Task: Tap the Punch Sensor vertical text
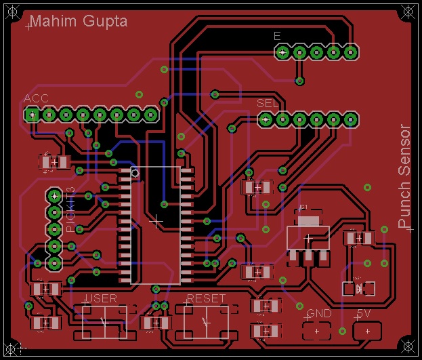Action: [x=404, y=176]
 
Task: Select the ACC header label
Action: [x=36, y=99]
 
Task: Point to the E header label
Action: [x=277, y=36]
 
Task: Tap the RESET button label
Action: [x=205, y=298]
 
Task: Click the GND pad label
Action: [x=318, y=314]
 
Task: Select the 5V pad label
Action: [x=363, y=314]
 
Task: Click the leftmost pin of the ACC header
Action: [x=31, y=115]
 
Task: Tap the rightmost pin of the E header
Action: [x=350, y=52]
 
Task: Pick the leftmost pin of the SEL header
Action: [x=266, y=119]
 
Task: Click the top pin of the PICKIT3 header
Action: [x=54, y=196]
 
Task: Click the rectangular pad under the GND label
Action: [x=316, y=331]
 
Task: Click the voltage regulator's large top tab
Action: [x=308, y=219]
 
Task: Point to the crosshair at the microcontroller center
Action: [x=156, y=221]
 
